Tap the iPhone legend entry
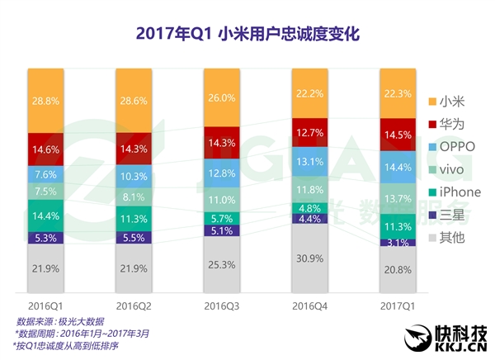point(455,192)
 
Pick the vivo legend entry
point(452,169)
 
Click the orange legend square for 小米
point(434,102)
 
